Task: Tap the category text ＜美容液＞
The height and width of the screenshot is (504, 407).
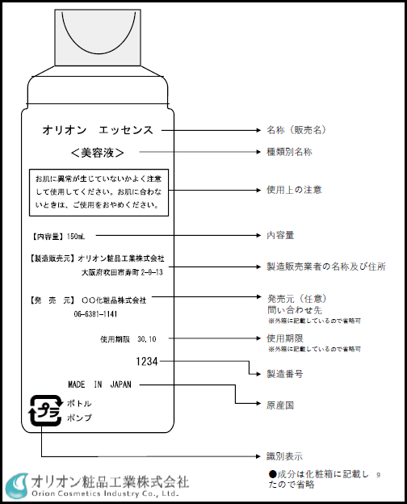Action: (97, 152)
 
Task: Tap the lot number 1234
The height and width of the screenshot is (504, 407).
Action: (147, 362)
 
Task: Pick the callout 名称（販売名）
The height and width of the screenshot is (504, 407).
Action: (297, 129)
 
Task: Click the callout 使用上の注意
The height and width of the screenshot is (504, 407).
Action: (294, 190)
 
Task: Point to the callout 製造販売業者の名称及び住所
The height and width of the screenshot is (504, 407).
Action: (325, 266)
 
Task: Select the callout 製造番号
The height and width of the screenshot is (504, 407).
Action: (285, 374)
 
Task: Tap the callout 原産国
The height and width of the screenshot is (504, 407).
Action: (280, 402)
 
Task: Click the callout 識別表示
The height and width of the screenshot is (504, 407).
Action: (285, 457)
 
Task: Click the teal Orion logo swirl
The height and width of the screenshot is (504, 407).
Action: (17, 485)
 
